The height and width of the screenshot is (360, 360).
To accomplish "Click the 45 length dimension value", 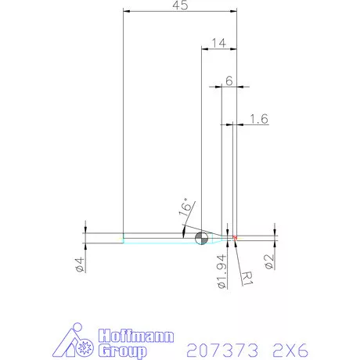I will click(x=179, y=6).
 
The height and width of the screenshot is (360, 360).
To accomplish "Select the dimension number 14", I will click(x=218, y=44).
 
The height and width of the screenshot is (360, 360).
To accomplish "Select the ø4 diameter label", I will click(x=79, y=263).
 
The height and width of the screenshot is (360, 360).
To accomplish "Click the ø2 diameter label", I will click(x=268, y=261).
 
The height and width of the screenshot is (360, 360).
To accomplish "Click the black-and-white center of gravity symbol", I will click(x=201, y=238).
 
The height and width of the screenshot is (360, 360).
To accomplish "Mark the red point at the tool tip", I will click(x=235, y=237).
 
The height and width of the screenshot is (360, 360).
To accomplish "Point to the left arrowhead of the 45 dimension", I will click(x=128, y=13).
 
